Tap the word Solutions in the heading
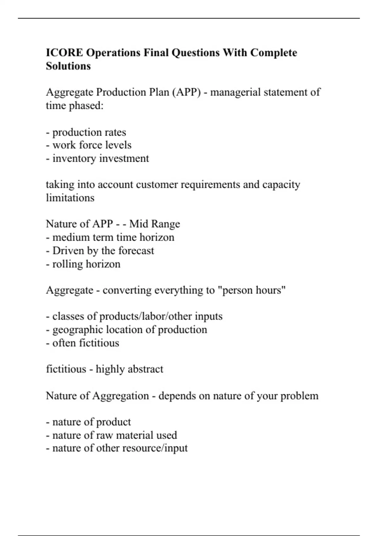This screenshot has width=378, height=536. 68,66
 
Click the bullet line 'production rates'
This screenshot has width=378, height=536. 86,132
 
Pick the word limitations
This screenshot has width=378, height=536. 70,198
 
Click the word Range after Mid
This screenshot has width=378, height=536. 165,224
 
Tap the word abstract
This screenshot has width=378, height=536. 146,369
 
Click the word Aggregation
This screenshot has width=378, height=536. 120,396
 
